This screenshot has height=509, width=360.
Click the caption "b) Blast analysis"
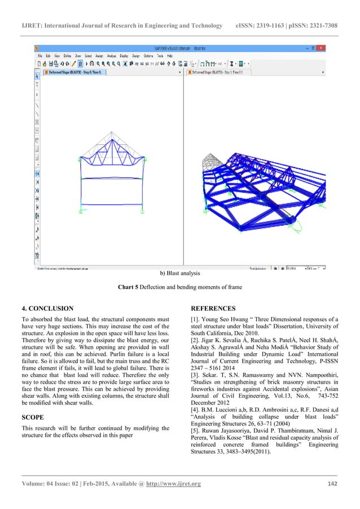click(179, 274)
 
